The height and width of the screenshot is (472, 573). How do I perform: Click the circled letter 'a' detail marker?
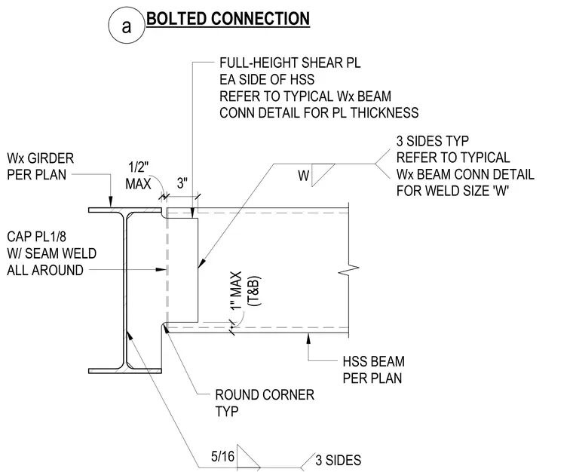(127, 26)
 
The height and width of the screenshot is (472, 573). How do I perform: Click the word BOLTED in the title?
(176, 19)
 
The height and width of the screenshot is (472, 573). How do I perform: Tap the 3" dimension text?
(182, 182)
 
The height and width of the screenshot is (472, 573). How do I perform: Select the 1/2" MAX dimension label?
(138, 176)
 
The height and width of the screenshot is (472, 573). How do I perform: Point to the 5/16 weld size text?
(222, 456)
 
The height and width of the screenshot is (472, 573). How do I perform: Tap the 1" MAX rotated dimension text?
(237, 291)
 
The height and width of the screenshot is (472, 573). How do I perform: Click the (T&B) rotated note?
(254, 291)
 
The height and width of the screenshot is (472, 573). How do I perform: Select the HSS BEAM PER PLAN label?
(373, 369)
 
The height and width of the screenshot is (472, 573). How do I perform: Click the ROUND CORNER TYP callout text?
(265, 403)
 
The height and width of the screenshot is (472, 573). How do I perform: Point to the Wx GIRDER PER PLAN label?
(40, 167)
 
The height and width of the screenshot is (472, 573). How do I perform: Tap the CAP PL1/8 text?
(36, 237)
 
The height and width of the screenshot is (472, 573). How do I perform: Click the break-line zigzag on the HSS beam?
(348, 270)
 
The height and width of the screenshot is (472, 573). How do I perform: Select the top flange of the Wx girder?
(125, 210)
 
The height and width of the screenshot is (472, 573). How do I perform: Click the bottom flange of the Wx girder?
(125, 371)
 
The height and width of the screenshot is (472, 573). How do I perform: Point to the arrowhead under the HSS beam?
(308, 338)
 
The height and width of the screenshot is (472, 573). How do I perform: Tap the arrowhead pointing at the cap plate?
(161, 270)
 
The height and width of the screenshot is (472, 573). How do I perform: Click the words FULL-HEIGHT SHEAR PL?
(290, 63)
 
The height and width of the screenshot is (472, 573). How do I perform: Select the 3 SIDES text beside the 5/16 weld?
(338, 460)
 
